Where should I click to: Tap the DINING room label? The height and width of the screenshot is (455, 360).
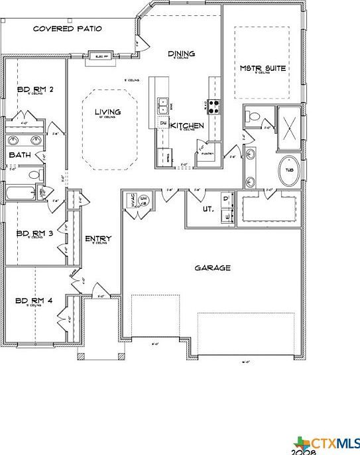181,54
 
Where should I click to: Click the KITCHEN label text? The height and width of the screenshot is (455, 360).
187,125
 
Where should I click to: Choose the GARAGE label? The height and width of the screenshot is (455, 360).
212,268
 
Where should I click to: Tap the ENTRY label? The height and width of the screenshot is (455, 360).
98,239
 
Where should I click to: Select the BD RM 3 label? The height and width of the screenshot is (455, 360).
31,233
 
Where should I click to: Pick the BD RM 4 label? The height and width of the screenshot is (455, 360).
30,301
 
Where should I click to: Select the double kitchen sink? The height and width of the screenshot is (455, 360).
163,105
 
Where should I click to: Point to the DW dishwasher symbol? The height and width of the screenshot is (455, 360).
163,123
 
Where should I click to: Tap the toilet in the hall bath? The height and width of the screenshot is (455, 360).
34,174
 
